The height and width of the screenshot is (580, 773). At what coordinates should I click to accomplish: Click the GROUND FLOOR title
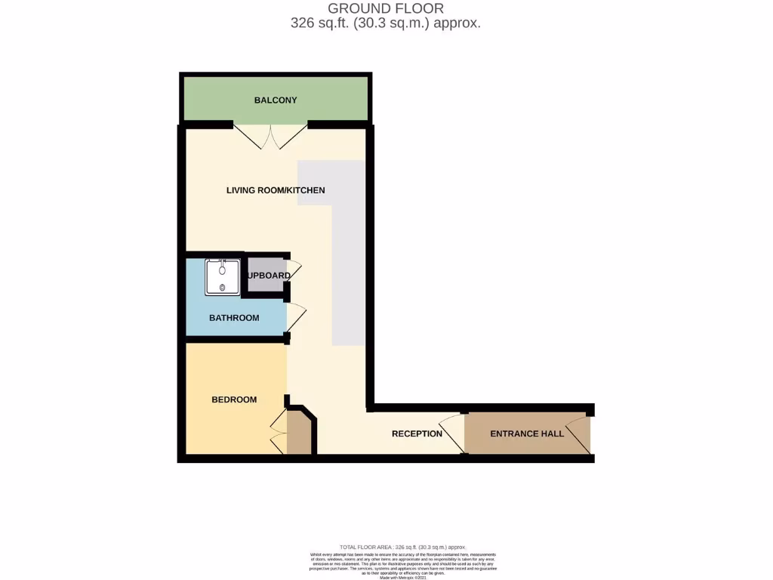click(x=386, y=8)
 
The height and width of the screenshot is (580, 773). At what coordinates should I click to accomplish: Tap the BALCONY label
click(x=276, y=100)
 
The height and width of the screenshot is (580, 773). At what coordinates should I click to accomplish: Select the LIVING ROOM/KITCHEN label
click(x=276, y=190)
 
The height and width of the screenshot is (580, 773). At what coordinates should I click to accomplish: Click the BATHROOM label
click(x=234, y=318)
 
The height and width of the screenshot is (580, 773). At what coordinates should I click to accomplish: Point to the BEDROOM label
click(x=234, y=400)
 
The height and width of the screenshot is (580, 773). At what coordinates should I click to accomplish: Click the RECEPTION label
click(x=417, y=433)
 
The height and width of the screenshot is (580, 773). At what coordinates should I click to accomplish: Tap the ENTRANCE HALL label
click(x=527, y=433)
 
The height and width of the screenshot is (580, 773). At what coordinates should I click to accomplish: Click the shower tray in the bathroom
click(x=223, y=277)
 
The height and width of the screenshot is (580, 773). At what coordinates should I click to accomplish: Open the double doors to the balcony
click(x=269, y=136)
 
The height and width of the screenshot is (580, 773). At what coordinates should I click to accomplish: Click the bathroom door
click(x=295, y=318)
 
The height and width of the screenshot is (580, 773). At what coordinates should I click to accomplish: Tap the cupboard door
click(x=294, y=272)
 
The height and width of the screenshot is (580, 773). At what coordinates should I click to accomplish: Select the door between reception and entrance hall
click(x=453, y=433)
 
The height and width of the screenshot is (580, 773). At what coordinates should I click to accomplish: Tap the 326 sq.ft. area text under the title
click(x=386, y=23)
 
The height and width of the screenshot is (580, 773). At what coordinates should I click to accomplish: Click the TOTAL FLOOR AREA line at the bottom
click(x=402, y=546)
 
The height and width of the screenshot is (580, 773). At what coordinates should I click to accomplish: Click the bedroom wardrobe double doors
click(x=279, y=433)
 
